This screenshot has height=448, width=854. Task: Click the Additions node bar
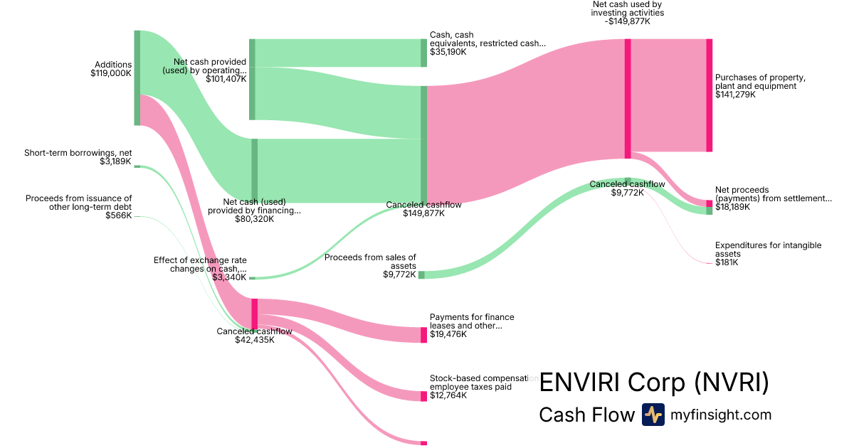[137, 78]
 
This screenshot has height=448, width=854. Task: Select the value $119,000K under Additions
[111, 73]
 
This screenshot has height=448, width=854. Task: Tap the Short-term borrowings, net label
[78, 153]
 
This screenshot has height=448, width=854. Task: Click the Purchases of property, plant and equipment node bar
[709, 95]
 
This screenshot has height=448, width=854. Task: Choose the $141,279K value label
[735, 95]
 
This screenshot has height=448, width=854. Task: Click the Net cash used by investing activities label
[628, 12]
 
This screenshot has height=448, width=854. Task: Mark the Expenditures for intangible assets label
[768, 250]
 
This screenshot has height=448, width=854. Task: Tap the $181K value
[727, 262]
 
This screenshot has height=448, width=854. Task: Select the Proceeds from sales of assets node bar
[421, 274]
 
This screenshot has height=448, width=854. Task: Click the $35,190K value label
[448, 52]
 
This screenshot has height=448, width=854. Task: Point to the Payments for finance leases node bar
[423, 335]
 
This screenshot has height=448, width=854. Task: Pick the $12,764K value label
[448, 395]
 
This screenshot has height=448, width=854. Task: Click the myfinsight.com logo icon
[653, 415]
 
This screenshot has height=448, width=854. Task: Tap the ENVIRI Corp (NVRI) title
[654, 383]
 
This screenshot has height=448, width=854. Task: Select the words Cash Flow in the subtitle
[586, 415]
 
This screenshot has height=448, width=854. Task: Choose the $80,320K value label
[254, 219]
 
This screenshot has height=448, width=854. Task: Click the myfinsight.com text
[721, 415]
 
